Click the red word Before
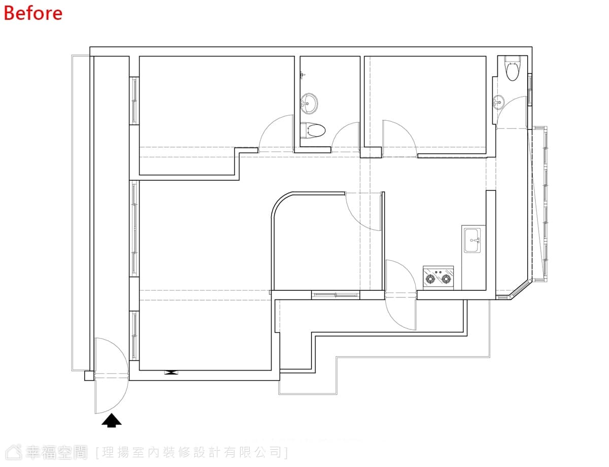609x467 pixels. (x=33, y=13)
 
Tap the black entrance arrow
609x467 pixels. (x=112, y=420)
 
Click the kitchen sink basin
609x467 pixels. (x=472, y=240)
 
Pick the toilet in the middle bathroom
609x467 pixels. (x=313, y=130)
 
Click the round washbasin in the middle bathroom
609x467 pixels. (x=310, y=104)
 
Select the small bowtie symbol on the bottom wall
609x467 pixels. (x=171, y=373)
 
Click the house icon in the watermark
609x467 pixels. (x=14, y=452)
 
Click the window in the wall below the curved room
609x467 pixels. (x=335, y=295)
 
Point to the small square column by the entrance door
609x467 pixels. (x=89, y=376)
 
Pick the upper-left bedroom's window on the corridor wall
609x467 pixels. (x=134, y=101)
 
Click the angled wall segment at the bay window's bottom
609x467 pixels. (x=520, y=290)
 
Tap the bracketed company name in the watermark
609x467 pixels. (x=192, y=452)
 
